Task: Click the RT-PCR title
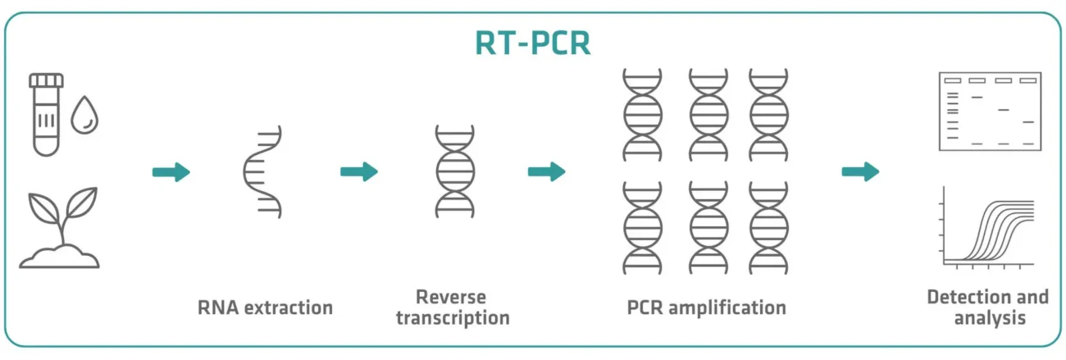[x=533, y=43]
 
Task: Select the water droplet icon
[x=84, y=116]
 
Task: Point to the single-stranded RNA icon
[x=263, y=172]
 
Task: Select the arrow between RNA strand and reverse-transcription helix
[x=358, y=172]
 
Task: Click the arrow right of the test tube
[x=171, y=172]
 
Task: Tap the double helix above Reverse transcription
[x=455, y=172]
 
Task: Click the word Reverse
[x=451, y=297]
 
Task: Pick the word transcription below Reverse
[x=453, y=317]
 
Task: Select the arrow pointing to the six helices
[x=546, y=172]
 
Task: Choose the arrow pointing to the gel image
[x=860, y=172]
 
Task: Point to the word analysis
[x=989, y=317]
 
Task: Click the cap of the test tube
[x=46, y=80]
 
